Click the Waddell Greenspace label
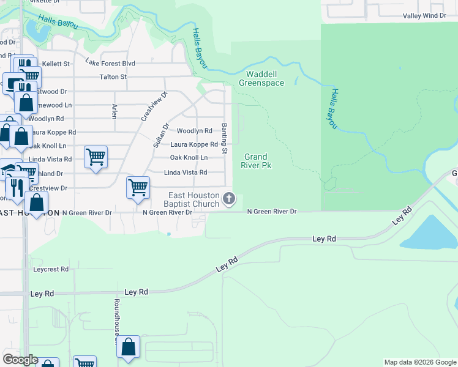[261, 78]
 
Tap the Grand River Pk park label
[257, 161]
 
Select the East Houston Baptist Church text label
[194, 199]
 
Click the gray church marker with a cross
[229, 198]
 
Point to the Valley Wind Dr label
[424, 16]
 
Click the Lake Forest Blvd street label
[110, 63]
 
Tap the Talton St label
[113, 77]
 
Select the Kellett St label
[57, 63]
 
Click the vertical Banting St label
[225, 138]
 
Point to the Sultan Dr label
[161, 135]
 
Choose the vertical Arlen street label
[114, 111]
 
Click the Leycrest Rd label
[51, 269]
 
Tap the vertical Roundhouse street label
[116, 317]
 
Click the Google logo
[20, 360]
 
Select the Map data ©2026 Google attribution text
[420, 362]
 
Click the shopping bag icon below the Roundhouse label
[129, 347]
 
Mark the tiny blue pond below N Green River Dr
[169, 233]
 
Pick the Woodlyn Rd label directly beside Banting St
[194, 131]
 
